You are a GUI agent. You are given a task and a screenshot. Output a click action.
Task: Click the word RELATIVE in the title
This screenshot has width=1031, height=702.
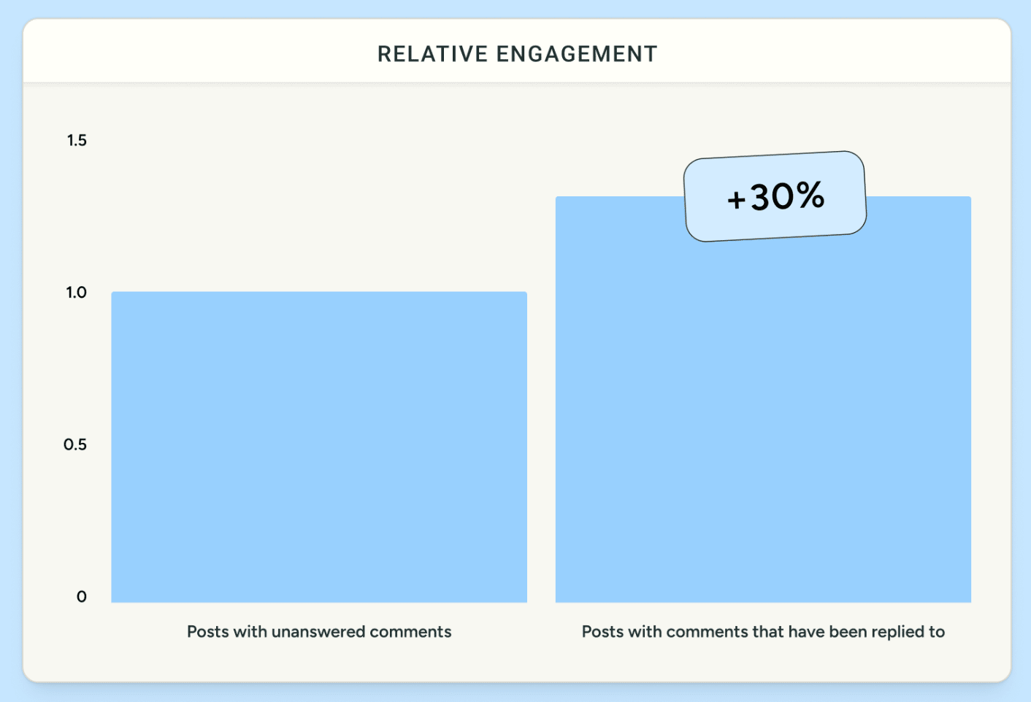pos(432,54)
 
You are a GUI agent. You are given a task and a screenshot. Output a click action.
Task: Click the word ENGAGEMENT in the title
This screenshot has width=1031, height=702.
pos(577,54)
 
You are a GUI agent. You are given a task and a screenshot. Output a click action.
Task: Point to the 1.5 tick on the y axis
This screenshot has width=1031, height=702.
pos(77,140)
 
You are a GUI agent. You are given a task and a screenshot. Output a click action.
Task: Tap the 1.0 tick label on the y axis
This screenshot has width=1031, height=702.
pos(76,292)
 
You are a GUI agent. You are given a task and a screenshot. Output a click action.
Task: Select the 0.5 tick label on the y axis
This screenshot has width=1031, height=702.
pos(75,444)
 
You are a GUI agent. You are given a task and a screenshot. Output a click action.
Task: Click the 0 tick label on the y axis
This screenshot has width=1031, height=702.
pos(82,597)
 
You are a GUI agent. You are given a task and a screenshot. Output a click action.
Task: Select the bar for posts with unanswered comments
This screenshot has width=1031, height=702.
pos(319,447)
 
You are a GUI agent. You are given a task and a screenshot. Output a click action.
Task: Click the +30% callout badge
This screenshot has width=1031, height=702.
pos(775,196)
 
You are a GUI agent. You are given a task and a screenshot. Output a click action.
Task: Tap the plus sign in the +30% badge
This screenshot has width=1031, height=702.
pos(736,200)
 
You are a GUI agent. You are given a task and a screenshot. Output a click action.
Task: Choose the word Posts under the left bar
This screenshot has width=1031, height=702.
pos(208,632)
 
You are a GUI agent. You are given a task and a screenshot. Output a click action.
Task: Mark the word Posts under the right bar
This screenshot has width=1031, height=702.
pos(603,632)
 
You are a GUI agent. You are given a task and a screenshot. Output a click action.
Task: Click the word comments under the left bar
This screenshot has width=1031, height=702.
pos(410,632)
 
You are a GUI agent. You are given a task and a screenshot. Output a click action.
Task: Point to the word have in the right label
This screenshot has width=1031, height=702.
pos(808,632)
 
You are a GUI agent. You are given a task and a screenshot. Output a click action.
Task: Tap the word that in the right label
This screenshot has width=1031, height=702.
pos(768,632)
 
